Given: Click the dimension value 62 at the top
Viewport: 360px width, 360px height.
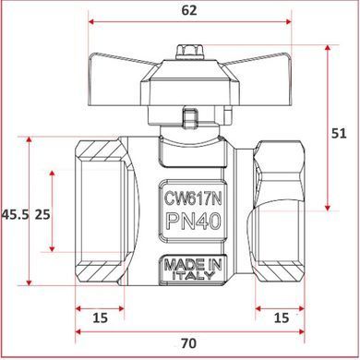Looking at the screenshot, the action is coord(189,11).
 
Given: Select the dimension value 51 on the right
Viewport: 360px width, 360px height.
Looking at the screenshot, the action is coord(339,134).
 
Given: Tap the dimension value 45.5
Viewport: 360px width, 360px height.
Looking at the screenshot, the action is coord(16,214).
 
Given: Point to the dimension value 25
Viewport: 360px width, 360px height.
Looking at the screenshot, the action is coord(42,214).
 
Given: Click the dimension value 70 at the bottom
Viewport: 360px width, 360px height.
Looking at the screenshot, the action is coord(188,343).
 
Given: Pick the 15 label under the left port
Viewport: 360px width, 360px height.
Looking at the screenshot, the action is coord(101,318).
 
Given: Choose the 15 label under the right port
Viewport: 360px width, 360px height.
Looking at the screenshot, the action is coord(282,318).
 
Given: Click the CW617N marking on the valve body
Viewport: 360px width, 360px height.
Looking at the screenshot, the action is coord(193,198).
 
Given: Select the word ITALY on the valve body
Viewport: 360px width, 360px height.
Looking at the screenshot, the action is coord(193,275).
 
